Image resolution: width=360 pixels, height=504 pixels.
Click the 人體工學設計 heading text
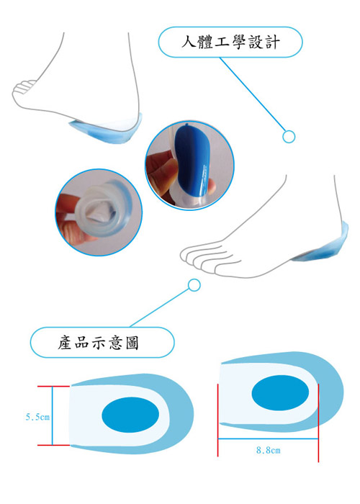231,42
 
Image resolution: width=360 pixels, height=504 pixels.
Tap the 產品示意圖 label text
99,342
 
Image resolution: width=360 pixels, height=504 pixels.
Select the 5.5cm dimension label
37,417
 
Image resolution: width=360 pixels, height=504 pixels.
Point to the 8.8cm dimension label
268,450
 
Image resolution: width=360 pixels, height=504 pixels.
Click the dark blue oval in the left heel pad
130,415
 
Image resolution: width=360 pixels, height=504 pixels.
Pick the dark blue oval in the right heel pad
280,392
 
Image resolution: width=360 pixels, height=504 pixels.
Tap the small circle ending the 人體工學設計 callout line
289,137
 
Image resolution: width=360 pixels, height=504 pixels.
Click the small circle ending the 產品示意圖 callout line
194,285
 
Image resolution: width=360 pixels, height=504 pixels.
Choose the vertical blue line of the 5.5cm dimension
52,415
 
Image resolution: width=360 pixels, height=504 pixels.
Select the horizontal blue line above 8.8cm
268,438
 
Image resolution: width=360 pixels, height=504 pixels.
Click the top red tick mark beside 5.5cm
53,386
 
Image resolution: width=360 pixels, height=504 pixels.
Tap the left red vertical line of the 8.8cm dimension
218,420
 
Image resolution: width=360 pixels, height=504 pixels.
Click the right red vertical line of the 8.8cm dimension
318,423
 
